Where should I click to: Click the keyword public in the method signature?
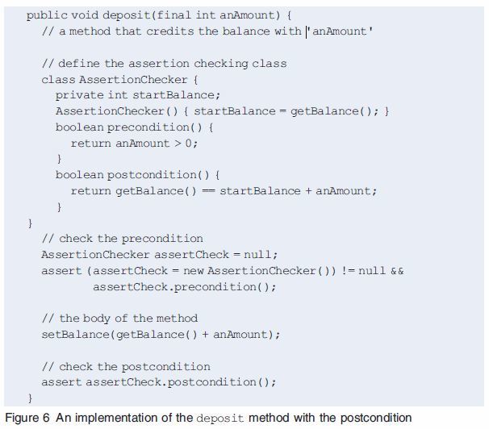(x=44, y=15)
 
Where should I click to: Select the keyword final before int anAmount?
(x=154, y=15)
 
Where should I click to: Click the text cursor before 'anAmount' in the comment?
(x=307, y=31)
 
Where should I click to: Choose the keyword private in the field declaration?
(x=79, y=95)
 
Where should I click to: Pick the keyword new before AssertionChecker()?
(x=194, y=270)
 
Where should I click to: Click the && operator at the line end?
(x=396, y=270)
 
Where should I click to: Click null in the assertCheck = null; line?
(x=258, y=254)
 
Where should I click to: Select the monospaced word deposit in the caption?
(x=220, y=418)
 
